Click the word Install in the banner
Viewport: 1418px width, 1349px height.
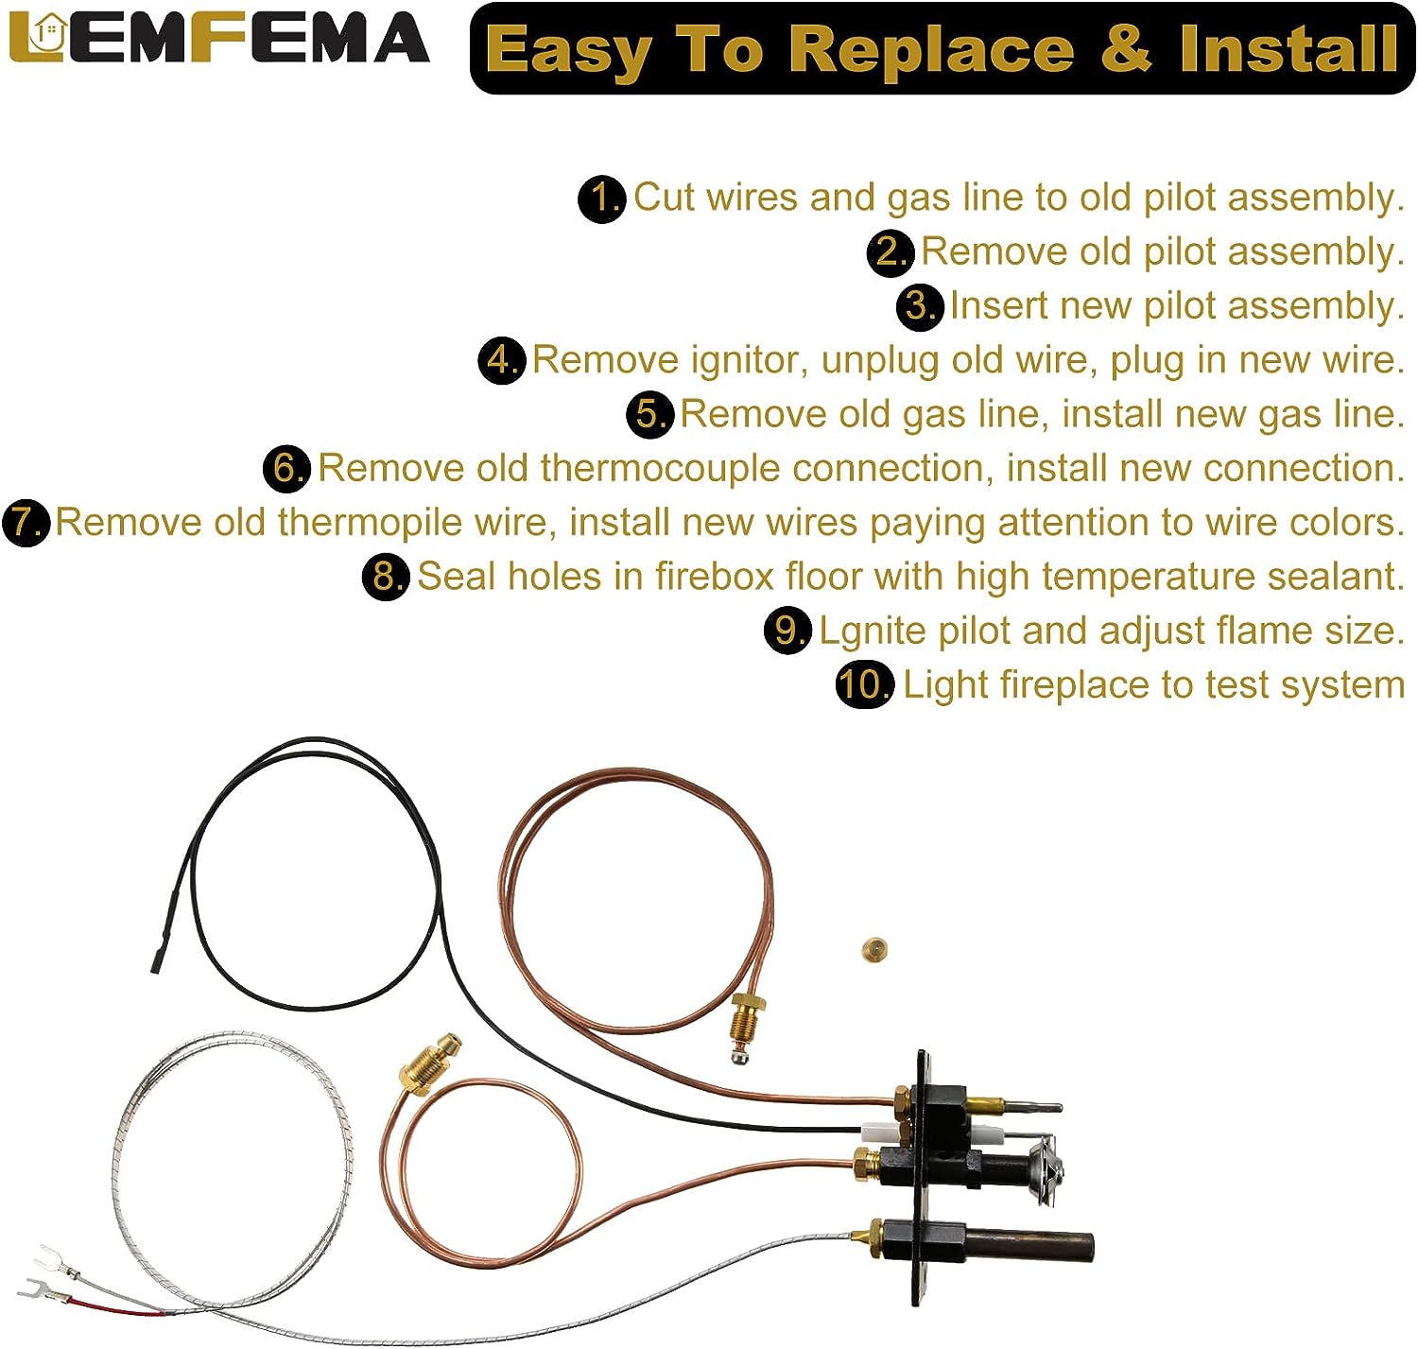pyautogui.click(x=1288, y=48)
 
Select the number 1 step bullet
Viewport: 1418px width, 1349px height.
pyautogui.click(x=601, y=199)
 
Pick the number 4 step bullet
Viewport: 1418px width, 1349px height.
pyautogui.click(x=501, y=360)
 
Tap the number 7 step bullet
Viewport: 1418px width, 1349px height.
pyautogui.click(x=26, y=522)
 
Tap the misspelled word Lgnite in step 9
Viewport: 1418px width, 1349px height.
pyautogui.click(x=877, y=631)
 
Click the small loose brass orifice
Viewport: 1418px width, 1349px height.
pyautogui.click(x=873, y=949)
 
